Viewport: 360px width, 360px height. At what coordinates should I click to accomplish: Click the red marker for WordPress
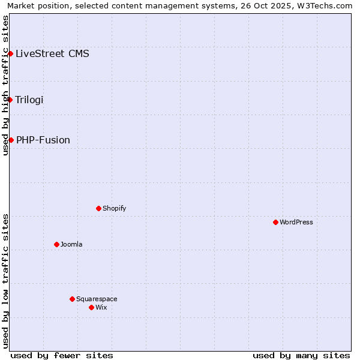tap(275, 222)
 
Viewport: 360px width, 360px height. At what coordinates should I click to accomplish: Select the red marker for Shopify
tap(98, 208)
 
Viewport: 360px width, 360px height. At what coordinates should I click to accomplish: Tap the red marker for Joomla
tap(56, 244)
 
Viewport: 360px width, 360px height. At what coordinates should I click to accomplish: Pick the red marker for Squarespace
tap(72, 299)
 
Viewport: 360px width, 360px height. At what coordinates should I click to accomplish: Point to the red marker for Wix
tap(91, 307)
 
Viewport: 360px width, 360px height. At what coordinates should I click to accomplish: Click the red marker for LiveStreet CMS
tap(10, 53)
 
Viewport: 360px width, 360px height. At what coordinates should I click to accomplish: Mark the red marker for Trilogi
tap(10, 100)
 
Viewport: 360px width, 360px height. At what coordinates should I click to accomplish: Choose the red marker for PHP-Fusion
tap(11, 140)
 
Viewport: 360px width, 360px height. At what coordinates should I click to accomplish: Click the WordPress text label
tap(296, 222)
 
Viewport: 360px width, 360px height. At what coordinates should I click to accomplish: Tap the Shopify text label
tap(114, 208)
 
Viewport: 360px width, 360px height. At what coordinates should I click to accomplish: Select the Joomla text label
tap(71, 244)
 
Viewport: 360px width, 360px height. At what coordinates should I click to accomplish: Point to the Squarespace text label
tap(97, 299)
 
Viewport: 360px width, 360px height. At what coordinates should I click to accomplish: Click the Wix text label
tap(101, 307)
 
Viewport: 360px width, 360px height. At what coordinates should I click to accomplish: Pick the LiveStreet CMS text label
tap(53, 53)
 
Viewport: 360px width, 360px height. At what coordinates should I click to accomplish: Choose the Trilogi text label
tap(29, 100)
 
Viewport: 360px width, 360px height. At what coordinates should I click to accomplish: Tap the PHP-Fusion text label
tap(43, 140)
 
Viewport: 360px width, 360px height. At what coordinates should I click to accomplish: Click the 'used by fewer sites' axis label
tap(62, 355)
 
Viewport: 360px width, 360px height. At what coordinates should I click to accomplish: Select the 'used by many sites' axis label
tap(301, 355)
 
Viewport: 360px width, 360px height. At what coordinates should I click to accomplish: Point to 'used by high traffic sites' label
tap(5, 85)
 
